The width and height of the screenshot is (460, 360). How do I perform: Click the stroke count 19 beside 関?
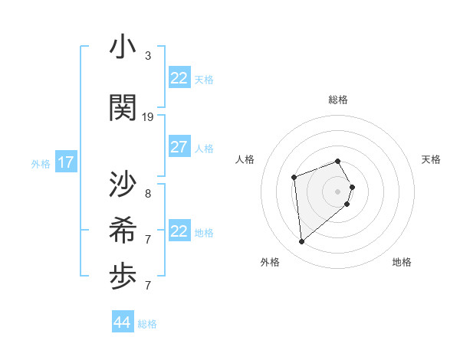tap(148, 117)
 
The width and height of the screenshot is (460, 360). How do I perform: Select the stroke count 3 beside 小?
tap(148, 56)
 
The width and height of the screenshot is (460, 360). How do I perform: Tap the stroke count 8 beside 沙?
tap(148, 194)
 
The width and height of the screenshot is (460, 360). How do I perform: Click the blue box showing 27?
tap(179, 147)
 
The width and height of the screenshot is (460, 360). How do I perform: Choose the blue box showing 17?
tap(66, 162)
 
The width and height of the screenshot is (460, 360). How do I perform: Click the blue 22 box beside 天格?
tap(179, 78)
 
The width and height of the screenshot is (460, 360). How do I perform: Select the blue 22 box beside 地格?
tap(179, 231)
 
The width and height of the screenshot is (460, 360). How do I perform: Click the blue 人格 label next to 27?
tap(204, 148)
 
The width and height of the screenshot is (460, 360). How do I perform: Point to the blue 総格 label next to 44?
tap(147, 324)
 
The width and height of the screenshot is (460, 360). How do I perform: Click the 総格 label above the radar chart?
tap(338, 100)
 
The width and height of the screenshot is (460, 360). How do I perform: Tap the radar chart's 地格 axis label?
tap(402, 262)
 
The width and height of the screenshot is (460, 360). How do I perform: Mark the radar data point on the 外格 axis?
tap(302, 242)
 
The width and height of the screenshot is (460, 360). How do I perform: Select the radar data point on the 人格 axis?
tap(294, 178)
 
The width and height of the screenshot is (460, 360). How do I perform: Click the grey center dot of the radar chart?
tap(337, 191)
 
